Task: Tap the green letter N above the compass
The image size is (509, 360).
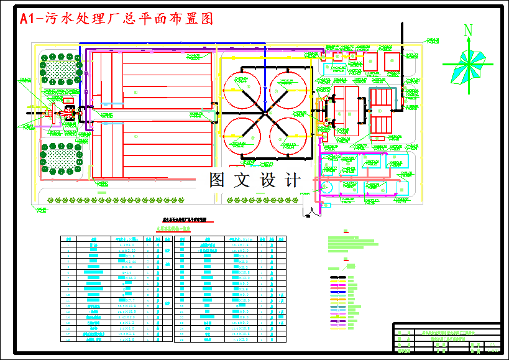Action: pyautogui.click(x=469, y=30)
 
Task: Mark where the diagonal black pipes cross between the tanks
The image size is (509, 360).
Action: pyautogui.click(x=266, y=113)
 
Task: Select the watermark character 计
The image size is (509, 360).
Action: pyautogui.click(x=291, y=180)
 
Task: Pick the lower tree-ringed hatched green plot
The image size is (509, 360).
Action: pyautogui.click(x=60, y=159)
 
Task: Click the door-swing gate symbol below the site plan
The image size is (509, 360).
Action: pyautogui.click(x=307, y=213)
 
